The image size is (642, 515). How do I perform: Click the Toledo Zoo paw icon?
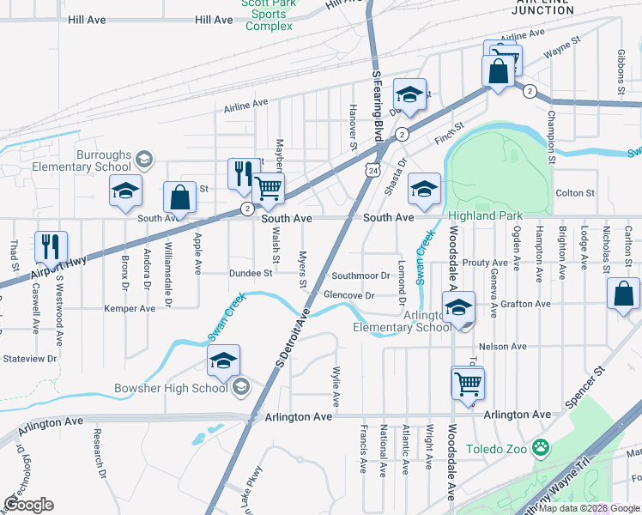click(541, 447)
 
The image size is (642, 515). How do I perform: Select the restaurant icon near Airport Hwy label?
click(51, 246)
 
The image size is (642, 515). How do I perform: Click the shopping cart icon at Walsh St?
click(269, 187)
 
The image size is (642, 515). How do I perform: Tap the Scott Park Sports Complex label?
click(269, 15)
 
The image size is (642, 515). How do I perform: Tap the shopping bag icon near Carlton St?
click(623, 293)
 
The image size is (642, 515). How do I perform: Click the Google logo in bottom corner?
click(28, 505)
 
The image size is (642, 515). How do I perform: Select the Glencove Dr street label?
click(349, 295)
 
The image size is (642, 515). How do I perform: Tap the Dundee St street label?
click(251, 274)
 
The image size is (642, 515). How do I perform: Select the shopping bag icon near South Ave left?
click(179, 197)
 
